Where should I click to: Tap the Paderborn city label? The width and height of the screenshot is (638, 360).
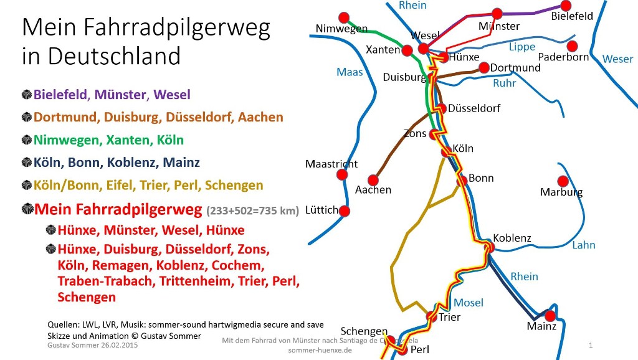pyautogui.click(x=563, y=57)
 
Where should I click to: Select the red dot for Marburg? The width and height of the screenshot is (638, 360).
pyautogui.click(x=563, y=181)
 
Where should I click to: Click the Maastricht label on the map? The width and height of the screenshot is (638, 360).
pyautogui.click(x=331, y=164)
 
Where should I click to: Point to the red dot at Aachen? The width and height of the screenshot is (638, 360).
pyautogui.click(x=374, y=179)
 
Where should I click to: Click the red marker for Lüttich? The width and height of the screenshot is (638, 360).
pyautogui.click(x=344, y=211)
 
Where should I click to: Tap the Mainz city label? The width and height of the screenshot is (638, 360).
pyautogui.click(x=541, y=326)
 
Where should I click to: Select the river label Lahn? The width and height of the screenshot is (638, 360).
pyautogui.click(x=584, y=245)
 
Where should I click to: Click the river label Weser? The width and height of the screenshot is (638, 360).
pyautogui.click(x=617, y=59)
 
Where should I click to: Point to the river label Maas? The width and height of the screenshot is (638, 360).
pyautogui.click(x=350, y=72)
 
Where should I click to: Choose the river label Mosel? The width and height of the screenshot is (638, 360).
pyautogui.click(x=468, y=303)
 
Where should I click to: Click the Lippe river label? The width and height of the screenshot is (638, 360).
pyautogui.click(x=521, y=47)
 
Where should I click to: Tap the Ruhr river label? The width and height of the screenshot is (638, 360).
pyautogui.click(x=504, y=83)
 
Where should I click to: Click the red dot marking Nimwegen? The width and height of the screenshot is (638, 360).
pyautogui.click(x=342, y=17)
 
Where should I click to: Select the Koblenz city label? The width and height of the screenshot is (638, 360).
pyautogui.click(x=512, y=238)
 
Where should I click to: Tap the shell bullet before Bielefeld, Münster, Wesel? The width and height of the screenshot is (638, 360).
pyautogui.click(x=27, y=95)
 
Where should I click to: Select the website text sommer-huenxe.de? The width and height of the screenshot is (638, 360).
pyautogui.click(x=320, y=350)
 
